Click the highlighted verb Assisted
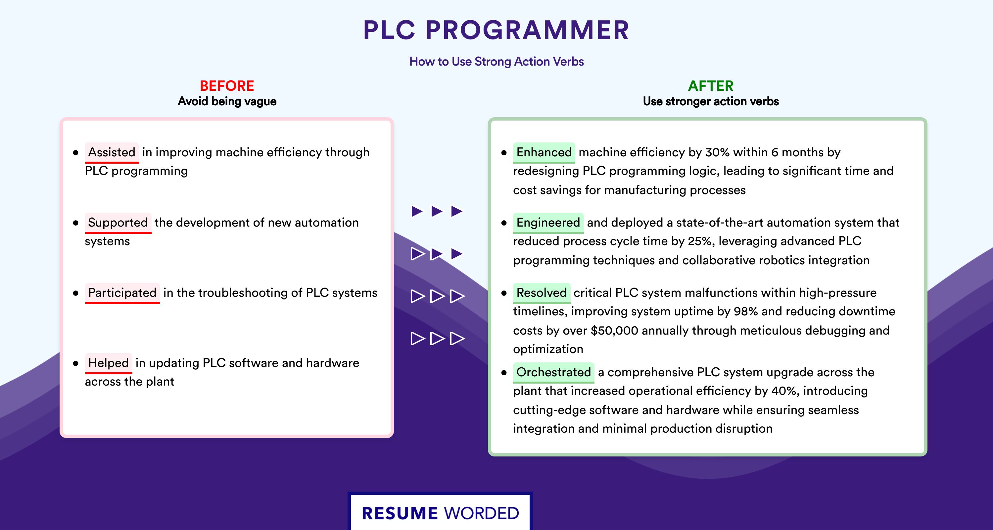(112, 152)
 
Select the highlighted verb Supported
(118, 223)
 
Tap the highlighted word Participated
(122, 293)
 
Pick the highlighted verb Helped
(108, 363)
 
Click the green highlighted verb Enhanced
(544, 152)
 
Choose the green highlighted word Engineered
(548, 223)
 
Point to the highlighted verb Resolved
(542, 293)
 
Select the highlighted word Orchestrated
(553, 372)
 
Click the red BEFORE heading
(227, 86)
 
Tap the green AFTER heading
(711, 86)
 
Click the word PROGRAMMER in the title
(527, 30)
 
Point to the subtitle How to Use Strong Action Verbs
(496, 61)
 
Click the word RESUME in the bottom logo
(400, 513)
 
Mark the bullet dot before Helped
(75, 363)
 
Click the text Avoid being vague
(227, 101)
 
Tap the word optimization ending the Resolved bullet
(548, 349)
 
